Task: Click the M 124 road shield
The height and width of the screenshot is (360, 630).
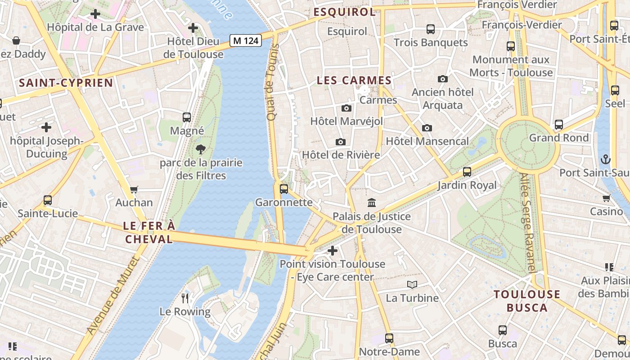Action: click(246, 40)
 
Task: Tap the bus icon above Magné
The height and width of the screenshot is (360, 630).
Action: click(187, 117)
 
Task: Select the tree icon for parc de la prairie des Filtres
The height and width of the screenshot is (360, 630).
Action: click(201, 149)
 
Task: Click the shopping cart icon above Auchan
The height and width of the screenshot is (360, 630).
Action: click(134, 189)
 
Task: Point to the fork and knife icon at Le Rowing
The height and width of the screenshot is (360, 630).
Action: click(185, 298)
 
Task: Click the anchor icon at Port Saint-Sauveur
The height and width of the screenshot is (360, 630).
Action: click(606, 159)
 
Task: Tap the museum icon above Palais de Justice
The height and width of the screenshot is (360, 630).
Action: click(372, 203)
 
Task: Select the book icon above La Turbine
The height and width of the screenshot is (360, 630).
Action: click(412, 284)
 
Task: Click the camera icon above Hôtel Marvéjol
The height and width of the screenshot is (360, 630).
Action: click(346, 108)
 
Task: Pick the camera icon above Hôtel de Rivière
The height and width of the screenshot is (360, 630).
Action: click(341, 142)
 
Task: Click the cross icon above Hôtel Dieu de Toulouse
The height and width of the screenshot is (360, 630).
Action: click(193, 28)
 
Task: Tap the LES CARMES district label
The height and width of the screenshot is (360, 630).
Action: click(354, 81)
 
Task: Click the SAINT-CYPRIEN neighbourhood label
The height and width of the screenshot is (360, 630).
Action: click(66, 83)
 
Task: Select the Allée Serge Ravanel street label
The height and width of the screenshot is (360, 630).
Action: click(527, 223)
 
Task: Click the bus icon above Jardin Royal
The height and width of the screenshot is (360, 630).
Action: click(467, 171)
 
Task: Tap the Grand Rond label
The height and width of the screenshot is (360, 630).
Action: click(558, 138)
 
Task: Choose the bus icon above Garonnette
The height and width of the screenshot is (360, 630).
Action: click(283, 189)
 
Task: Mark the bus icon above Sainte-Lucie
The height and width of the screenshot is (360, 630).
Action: click(48, 200)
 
